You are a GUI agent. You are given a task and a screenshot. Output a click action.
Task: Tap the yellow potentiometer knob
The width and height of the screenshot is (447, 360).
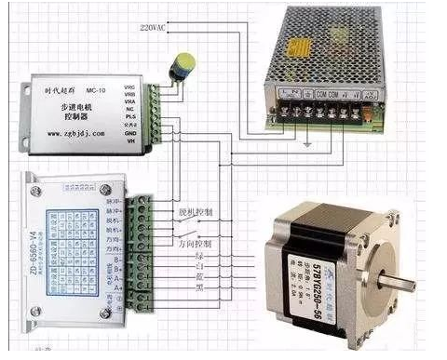[x=184, y=64]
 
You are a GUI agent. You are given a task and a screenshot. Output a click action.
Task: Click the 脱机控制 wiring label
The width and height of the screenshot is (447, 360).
[x=194, y=212]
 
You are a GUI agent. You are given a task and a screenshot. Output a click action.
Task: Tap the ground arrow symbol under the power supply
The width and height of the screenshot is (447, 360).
[x=309, y=145]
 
